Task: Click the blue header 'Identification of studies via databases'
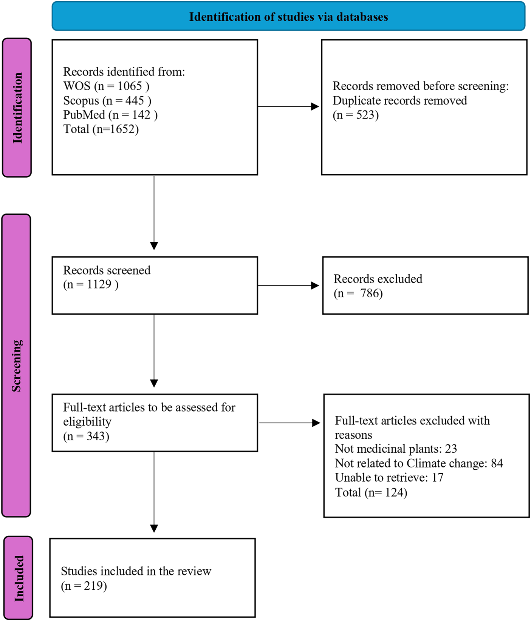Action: (288, 17)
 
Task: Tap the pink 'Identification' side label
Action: (17, 108)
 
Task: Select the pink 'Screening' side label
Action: (16, 365)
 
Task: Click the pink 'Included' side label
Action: (18, 578)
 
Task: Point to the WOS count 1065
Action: (130, 86)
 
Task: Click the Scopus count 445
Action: (135, 100)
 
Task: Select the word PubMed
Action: (84, 115)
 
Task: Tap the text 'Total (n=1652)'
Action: (101, 129)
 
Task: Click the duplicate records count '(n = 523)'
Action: (356, 115)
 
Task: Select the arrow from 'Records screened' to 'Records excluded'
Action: (289, 286)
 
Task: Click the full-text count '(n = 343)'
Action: (86, 436)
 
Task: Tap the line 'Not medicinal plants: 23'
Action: (396, 449)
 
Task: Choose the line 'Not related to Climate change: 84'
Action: (419, 463)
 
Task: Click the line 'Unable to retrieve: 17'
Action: (389, 477)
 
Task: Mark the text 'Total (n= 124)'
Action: (371, 492)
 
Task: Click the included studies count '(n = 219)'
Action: (84, 586)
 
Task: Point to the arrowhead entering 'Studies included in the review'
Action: (154, 529)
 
